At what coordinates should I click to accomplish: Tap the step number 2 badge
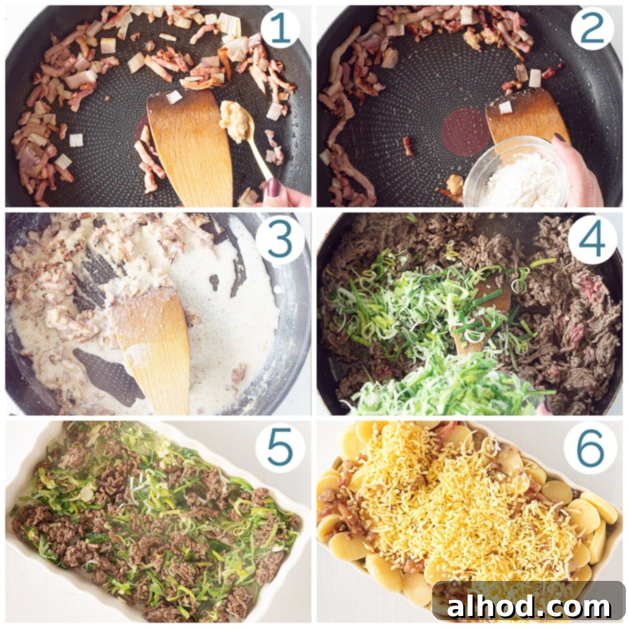[592, 29]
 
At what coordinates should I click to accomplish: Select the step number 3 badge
[279, 241]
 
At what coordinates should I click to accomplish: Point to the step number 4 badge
[592, 241]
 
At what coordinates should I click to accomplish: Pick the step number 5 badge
[279, 451]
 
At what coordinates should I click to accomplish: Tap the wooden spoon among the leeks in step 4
[479, 313]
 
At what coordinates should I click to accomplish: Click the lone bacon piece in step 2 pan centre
[408, 146]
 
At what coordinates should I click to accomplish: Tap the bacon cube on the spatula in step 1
[173, 97]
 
